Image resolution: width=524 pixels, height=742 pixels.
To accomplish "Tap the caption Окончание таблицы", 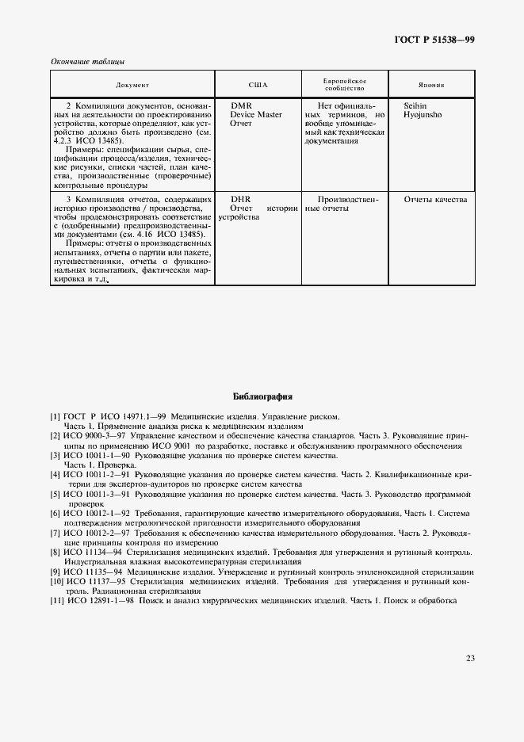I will tap(87, 62).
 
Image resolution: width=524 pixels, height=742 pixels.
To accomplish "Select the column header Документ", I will tap(132, 84).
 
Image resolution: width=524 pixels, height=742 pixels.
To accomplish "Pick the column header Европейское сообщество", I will tap(344, 84).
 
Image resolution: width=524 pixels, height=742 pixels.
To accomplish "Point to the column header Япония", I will tap(431, 84).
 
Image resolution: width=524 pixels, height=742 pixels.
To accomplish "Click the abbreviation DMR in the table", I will tap(241, 105).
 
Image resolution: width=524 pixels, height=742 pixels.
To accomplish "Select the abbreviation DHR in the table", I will tap(240, 199).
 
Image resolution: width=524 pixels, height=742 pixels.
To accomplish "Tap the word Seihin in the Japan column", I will tap(415, 105).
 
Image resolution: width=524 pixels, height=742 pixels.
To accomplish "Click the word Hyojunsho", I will tap(423, 115).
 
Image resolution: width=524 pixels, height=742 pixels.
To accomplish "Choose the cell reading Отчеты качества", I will tap(435, 199).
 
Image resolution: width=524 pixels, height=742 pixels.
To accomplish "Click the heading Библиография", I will tap(262, 396).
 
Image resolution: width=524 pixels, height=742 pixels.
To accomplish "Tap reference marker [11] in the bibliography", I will tap(57, 600).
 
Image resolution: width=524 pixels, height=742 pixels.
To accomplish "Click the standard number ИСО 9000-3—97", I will tap(94, 436).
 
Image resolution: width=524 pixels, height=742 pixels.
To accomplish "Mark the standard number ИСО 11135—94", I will tap(92, 572).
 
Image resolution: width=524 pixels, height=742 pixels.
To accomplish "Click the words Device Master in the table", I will tap(255, 115).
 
